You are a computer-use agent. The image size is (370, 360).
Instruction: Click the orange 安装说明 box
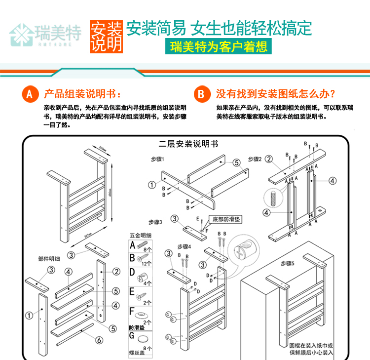[105, 36]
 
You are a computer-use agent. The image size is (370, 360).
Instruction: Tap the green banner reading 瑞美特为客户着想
[219, 47]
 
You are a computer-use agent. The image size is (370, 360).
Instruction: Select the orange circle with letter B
[201, 94]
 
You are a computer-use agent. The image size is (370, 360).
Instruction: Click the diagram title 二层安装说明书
[188, 144]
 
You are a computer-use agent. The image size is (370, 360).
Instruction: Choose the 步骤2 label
[255, 159]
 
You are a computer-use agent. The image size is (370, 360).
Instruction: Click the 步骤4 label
[183, 245]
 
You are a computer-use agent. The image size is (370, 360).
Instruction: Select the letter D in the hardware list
[132, 272]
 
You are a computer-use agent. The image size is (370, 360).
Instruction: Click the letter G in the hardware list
[132, 337]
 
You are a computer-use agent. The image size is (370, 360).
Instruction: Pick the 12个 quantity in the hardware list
[147, 264]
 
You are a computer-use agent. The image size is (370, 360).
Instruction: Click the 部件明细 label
[49, 258]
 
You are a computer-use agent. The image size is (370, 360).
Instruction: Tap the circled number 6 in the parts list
[99, 340]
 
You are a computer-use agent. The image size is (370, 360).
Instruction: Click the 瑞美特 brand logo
[45, 34]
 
